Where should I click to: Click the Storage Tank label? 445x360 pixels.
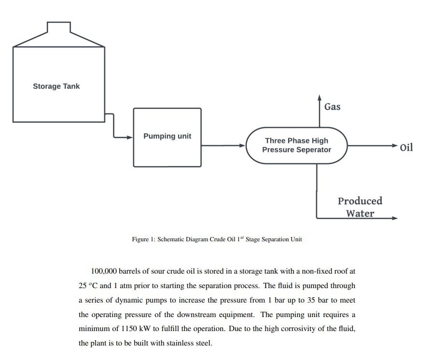click(x=56, y=86)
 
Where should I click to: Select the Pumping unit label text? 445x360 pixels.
click(x=167, y=136)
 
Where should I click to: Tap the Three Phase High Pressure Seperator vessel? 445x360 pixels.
click(x=296, y=145)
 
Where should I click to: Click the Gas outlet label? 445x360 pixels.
click(x=332, y=107)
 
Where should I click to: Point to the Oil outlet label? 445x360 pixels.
click(x=406, y=147)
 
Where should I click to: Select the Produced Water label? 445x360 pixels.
click(x=360, y=207)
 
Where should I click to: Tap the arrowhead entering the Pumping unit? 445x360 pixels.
click(x=129, y=137)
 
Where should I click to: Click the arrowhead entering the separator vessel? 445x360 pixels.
click(x=243, y=145)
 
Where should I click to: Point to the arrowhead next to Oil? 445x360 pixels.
click(x=395, y=145)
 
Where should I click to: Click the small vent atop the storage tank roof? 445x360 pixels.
click(x=59, y=28)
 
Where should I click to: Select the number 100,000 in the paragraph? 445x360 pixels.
click(x=104, y=271)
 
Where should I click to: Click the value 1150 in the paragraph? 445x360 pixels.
click(x=117, y=329)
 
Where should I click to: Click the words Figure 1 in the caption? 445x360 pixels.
click(x=142, y=239)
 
